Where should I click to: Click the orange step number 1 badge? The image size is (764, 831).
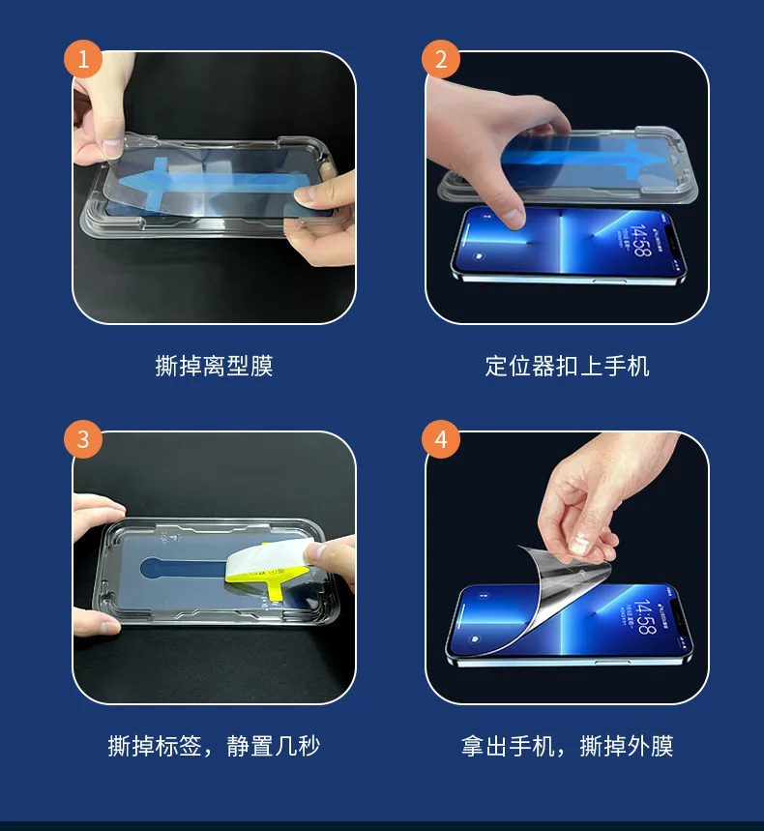(x=83, y=60)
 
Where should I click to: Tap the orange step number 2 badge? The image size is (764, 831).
(x=441, y=60)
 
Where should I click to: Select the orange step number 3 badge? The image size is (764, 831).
(x=83, y=439)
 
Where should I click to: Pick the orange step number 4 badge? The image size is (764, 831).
(x=441, y=439)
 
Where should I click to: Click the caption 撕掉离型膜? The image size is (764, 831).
(x=214, y=366)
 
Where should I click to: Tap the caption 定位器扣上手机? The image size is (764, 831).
(x=567, y=366)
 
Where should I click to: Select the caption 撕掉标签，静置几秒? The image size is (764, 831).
(x=214, y=746)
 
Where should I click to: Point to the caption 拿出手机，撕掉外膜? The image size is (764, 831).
(x=567, y=746)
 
